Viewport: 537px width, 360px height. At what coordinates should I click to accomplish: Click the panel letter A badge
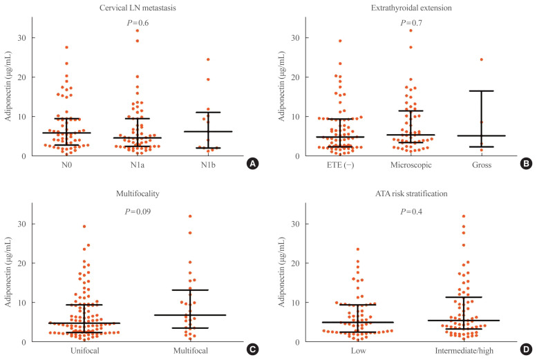point(252,164)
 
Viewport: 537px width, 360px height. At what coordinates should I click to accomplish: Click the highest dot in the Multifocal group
point(191,216)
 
